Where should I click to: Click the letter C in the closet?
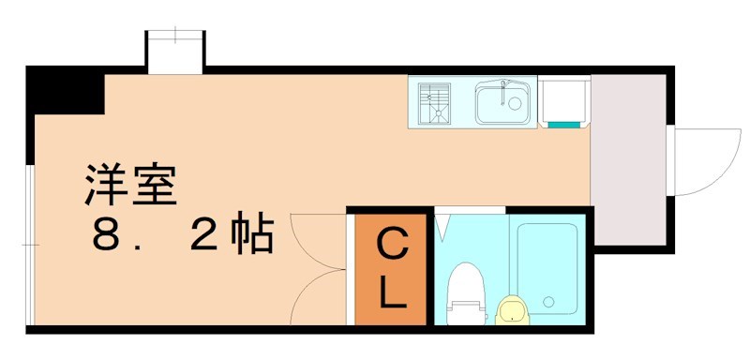pos(391,247)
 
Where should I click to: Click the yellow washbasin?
pos(511,308)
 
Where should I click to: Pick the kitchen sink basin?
pos(503,102)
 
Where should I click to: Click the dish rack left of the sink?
pos(435,103)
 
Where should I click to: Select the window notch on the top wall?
pos(174,52)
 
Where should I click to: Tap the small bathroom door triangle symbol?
pos(442,226)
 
